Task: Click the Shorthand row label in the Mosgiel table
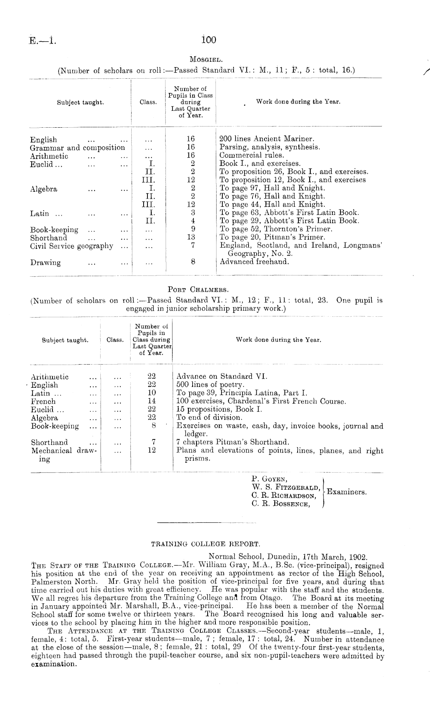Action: [x=49, y=238]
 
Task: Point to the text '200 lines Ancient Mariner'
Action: [x=267, y=139]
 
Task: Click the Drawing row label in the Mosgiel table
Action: [x=46, y=263]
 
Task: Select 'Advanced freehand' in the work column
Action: [x=254, y=262]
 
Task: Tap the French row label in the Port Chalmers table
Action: [x=43, y=401]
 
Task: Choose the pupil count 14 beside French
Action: [x=152, y=401]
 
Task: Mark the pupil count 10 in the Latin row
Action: [x=152, y=393]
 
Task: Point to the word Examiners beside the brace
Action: [x=346, y=492]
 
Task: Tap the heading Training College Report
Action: [x=206, y=544]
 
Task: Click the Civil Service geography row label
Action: [x=72, y=246]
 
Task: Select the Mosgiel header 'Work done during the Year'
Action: [x=298, y=102]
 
